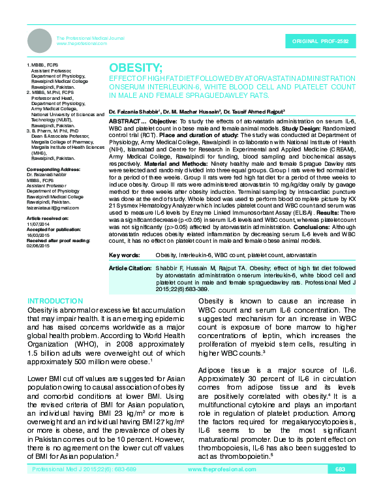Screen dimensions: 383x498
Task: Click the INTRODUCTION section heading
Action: pyautogui.click(x=55, y=301)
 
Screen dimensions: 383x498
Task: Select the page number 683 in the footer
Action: pyautogui.click(x=340, y=488)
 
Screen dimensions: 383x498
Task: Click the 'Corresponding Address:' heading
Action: pyautogui.click(x=53, y=169)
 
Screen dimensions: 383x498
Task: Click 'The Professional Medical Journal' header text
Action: pyautogui.click(x=88, y=38)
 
